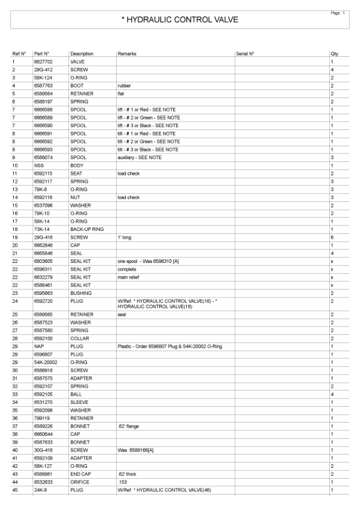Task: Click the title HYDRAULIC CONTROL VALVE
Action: coord(180,20)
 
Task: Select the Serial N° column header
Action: coord(245,54)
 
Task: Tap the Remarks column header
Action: coord(126,54)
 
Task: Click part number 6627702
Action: coord(44,62)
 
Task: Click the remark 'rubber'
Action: coord(124,86)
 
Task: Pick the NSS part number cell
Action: coord(39,165)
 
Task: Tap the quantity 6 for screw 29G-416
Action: coord(332,236)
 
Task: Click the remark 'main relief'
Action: coord(129,276)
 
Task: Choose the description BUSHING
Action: coord(80,292)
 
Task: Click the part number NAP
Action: coord(39,346)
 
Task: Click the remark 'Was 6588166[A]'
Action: coord(137,450)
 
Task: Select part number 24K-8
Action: coord(40,489)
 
